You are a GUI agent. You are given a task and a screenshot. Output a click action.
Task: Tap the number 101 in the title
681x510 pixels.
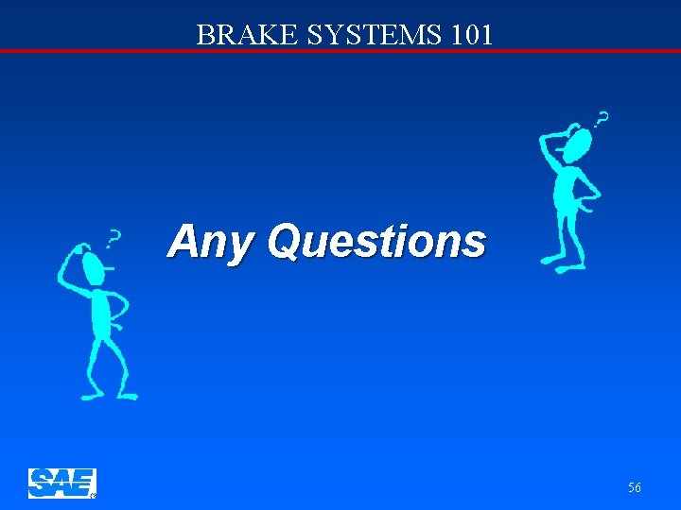(470, 35)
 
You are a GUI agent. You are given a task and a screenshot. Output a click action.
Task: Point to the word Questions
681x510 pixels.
(376, 242)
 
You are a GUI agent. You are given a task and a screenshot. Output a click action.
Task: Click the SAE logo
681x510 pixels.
(61, 483)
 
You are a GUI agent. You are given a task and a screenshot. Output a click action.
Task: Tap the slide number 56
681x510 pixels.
(634, 487)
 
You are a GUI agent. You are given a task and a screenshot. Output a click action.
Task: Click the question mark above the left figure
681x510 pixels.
(114, 240)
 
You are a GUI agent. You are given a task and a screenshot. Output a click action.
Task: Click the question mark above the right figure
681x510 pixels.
(601, 119)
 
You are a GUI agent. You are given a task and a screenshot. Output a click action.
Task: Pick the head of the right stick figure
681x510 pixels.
(576, 144)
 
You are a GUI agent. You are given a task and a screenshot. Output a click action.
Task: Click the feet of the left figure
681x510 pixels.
(109, 394)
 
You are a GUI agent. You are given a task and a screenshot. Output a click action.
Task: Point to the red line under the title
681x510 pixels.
(340, 50)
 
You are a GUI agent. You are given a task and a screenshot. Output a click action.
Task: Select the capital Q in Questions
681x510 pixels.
(284, 241)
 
